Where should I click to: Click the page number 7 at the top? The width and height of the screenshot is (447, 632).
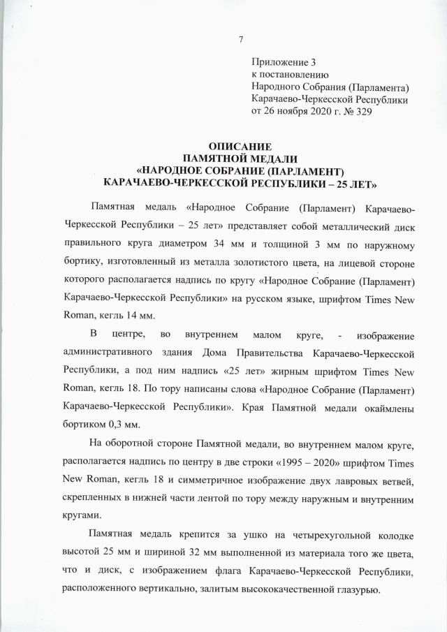click(240, 39)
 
